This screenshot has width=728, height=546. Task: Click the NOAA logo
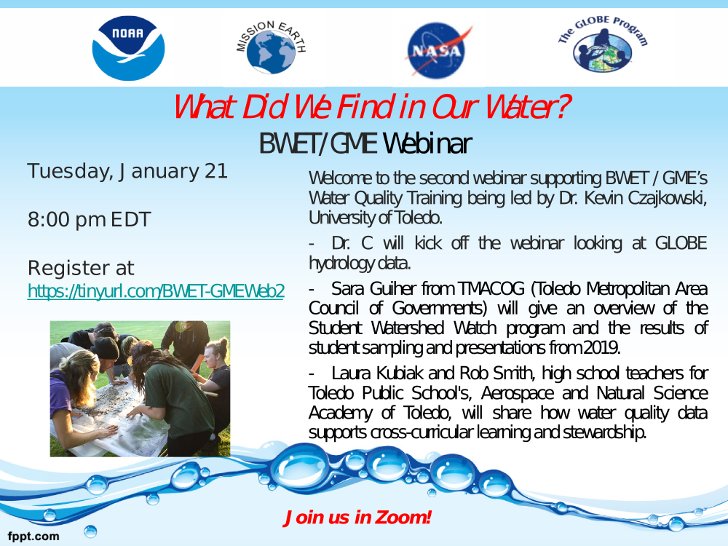point(128,48)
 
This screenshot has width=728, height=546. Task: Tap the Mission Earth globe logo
point(271,47)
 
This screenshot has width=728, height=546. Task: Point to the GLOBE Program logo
point(603,44)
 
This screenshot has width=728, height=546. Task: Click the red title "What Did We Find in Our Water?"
point(371,107)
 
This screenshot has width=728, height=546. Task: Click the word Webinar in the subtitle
point(427,143)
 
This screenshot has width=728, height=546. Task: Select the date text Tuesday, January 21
point(127,171)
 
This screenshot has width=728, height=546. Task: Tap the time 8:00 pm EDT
point(89,220)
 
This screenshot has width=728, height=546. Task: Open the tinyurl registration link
point(156,291)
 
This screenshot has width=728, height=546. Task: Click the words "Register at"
point(81,268)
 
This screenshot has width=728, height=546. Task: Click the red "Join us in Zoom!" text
point(357,517)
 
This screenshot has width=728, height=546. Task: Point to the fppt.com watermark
point(33,537)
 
